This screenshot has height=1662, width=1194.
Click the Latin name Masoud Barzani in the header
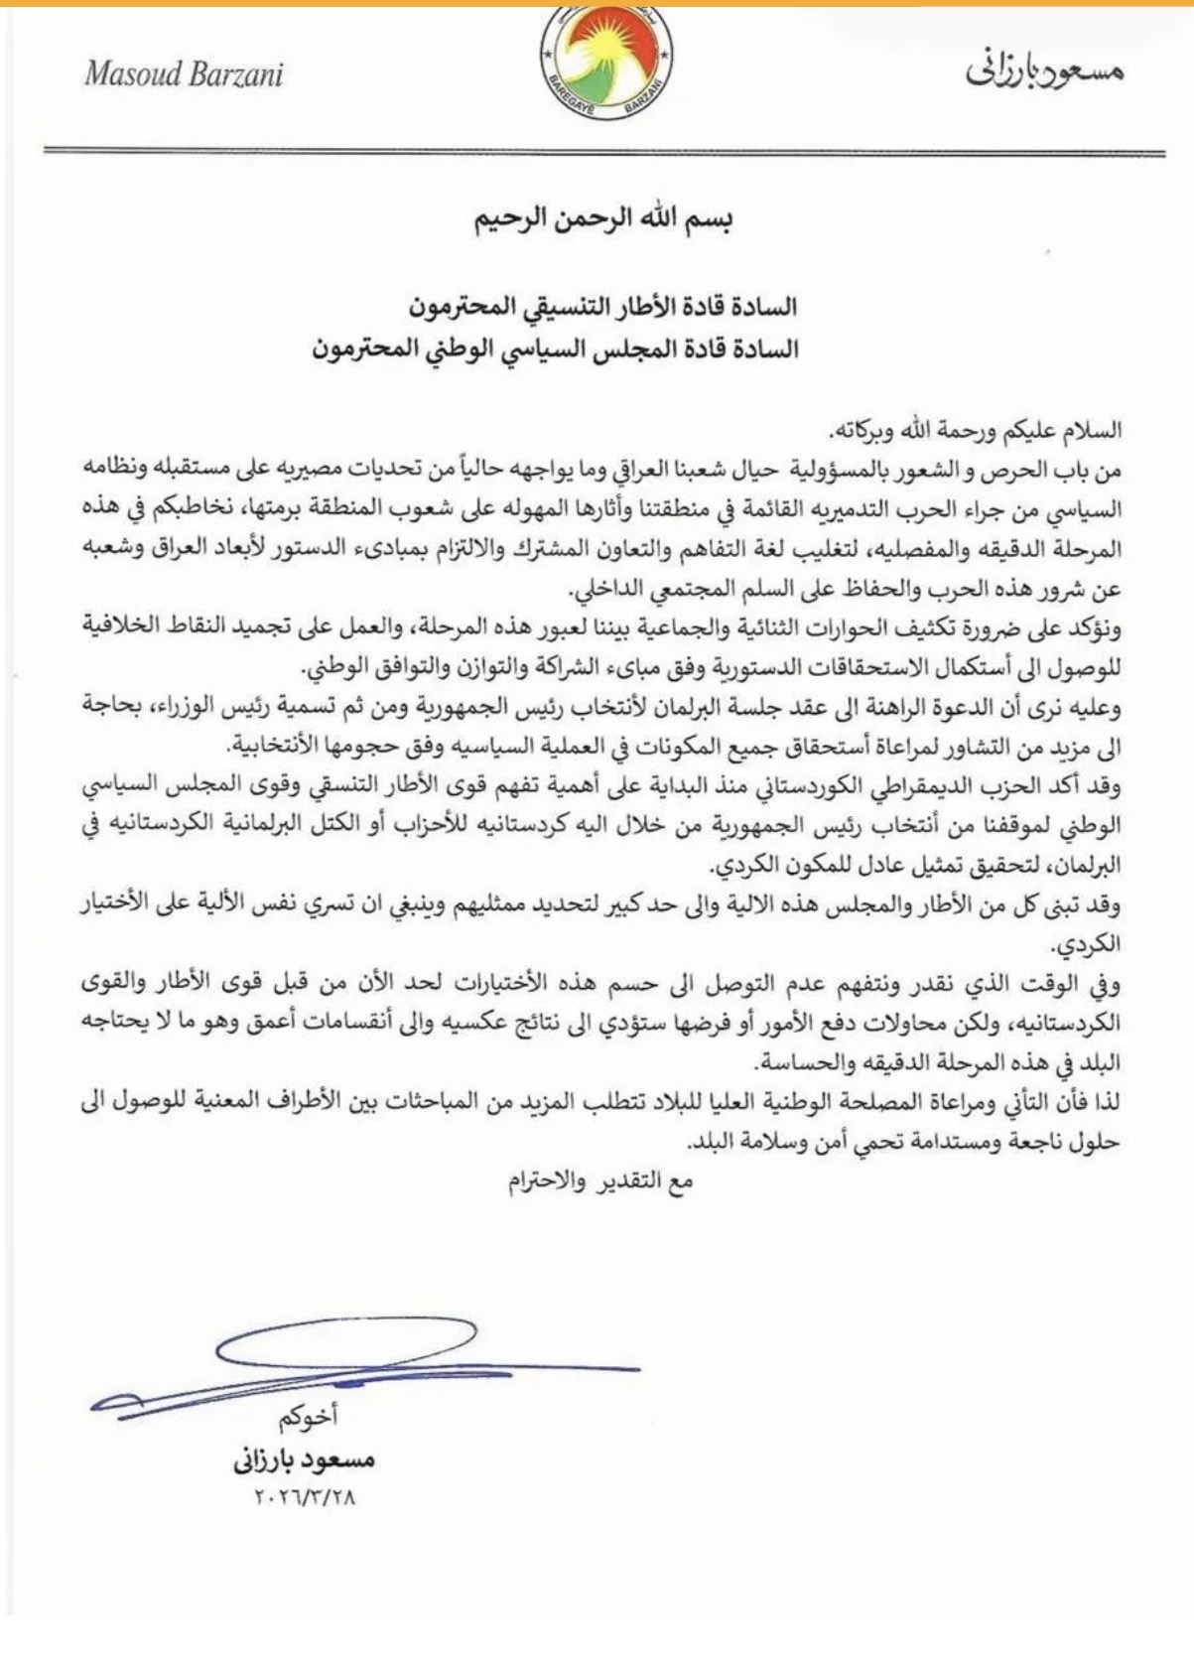185,74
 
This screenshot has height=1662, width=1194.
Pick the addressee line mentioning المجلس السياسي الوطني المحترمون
556,348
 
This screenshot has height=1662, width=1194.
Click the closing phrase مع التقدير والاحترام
600,1180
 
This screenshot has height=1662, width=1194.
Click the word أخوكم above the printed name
308,1418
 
